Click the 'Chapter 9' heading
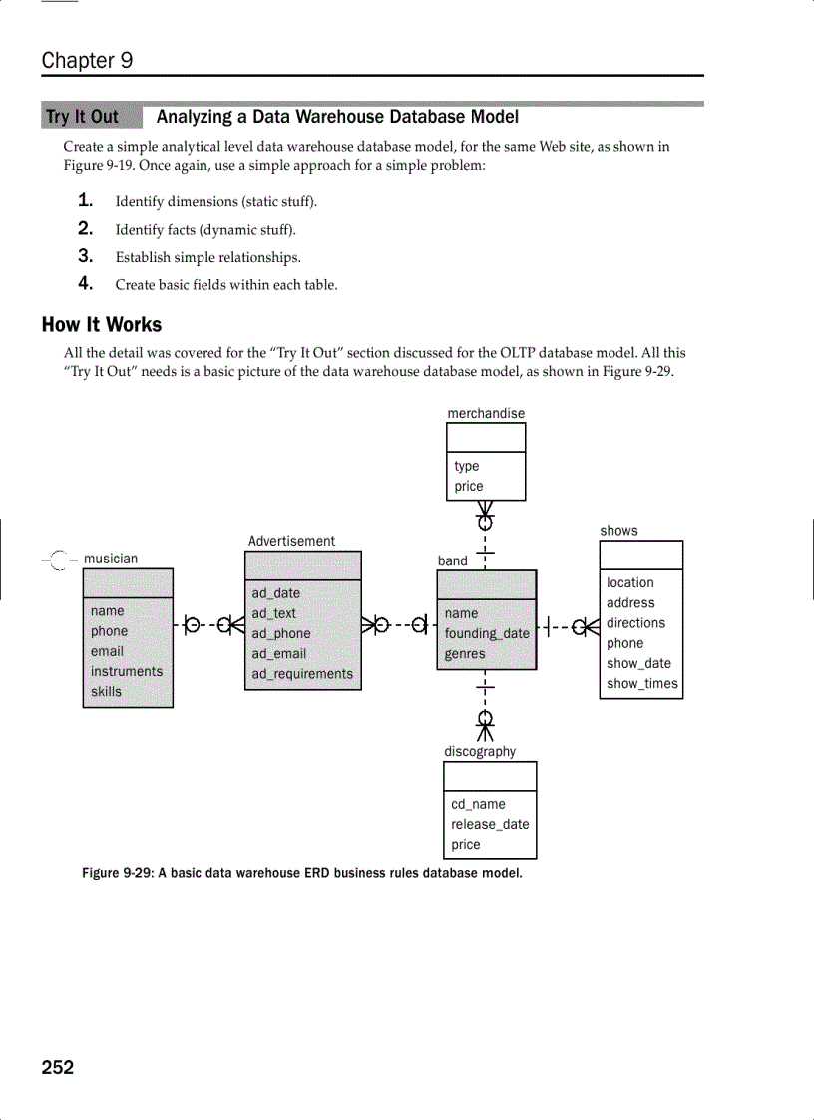[87, 60]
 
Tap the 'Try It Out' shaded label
[82, 117]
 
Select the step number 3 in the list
[86, 256]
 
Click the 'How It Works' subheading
[101, 325]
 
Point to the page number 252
[58, 1068]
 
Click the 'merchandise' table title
[485, 413]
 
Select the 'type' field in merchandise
[466, 466]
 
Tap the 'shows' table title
[618, 531]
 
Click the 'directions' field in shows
[635, 623]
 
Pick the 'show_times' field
[641, 683]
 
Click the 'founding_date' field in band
[487, 633]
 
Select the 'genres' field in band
[465, 654]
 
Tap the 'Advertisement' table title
[291, 541]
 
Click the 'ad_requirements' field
[302, 674]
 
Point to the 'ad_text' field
[273, 613]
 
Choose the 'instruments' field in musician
[126, 671]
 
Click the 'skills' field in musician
[106, 692]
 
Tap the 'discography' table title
[480, 752]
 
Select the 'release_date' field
[490, 824]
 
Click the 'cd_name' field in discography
[478, 804]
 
